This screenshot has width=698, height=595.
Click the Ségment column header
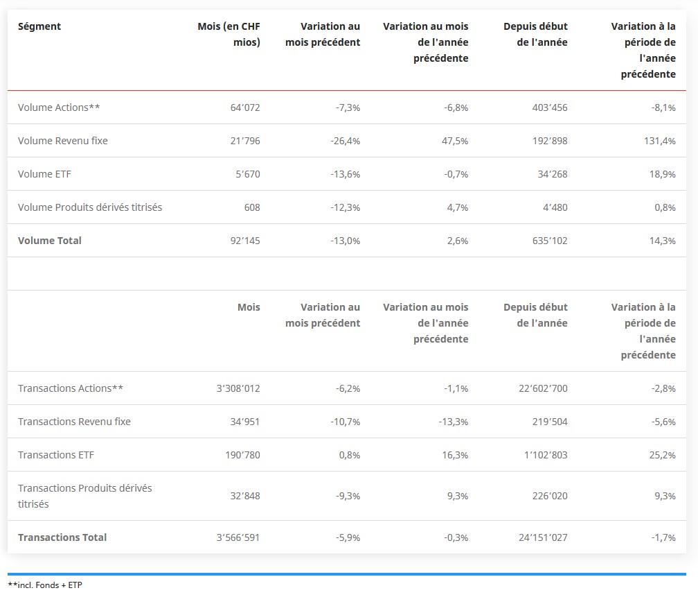(39, 26)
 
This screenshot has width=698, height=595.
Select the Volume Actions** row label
(60, 107)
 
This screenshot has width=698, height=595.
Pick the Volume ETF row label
(44, 174)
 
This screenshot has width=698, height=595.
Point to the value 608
(252, 207)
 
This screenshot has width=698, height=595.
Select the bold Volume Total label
(50, 241)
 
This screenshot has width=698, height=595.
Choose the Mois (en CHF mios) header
(229, 34)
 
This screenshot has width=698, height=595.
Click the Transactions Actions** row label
(71, 388)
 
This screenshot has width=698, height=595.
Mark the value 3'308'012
(238, 388)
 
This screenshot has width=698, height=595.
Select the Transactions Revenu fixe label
(74, 422)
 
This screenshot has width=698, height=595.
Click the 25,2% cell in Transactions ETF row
(661, 455)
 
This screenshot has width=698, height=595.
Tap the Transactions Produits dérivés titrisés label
(84, 496)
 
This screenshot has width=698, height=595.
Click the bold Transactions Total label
(62, 537)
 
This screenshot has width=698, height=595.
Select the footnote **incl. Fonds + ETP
(45, 585)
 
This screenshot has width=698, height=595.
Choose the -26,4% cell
(346, 141)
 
